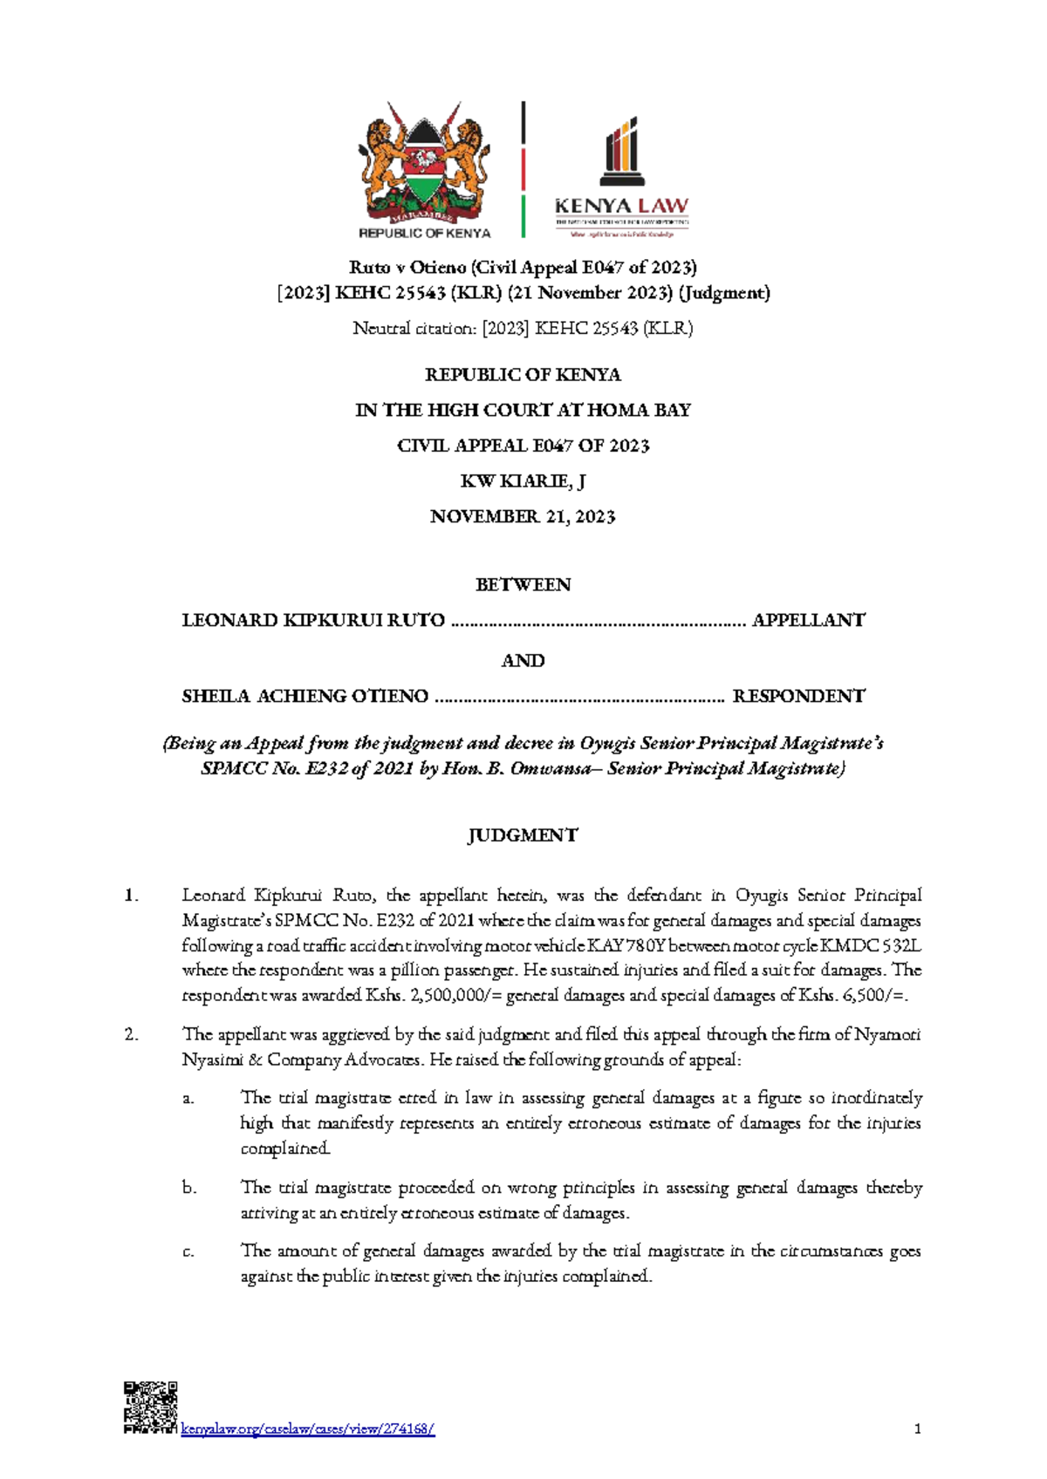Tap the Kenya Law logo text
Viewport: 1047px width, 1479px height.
[x=621, y=207]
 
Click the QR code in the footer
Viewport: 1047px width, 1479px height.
[x=150, y=1407]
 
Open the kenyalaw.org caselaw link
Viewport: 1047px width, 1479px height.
[x=307, y=1429]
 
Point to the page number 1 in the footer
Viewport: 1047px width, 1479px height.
[x=917, y=1428]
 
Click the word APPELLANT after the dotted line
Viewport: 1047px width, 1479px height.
[x=808, y=621]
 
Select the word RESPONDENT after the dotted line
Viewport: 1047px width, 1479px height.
[x=798, y=696]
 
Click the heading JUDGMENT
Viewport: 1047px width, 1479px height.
[x=523, y=835]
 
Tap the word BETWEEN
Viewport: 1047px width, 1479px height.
[x=523, y=585]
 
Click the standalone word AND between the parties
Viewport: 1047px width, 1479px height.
[x=523, y=661]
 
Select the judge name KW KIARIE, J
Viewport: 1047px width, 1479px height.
[x=523, y=481]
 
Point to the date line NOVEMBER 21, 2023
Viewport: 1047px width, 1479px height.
[x=523, y=517]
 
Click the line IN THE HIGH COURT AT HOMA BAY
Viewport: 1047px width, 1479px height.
[x=523, y=410]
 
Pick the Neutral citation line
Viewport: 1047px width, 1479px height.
[x=523, y=329]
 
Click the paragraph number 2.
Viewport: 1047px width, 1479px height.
[x=132, y=1035]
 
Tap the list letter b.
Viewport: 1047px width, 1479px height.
[x=189, y=1188]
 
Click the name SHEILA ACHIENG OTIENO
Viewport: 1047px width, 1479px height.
[x=305, y=696]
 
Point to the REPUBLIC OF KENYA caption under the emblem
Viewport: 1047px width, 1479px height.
[x=425, y=233]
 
